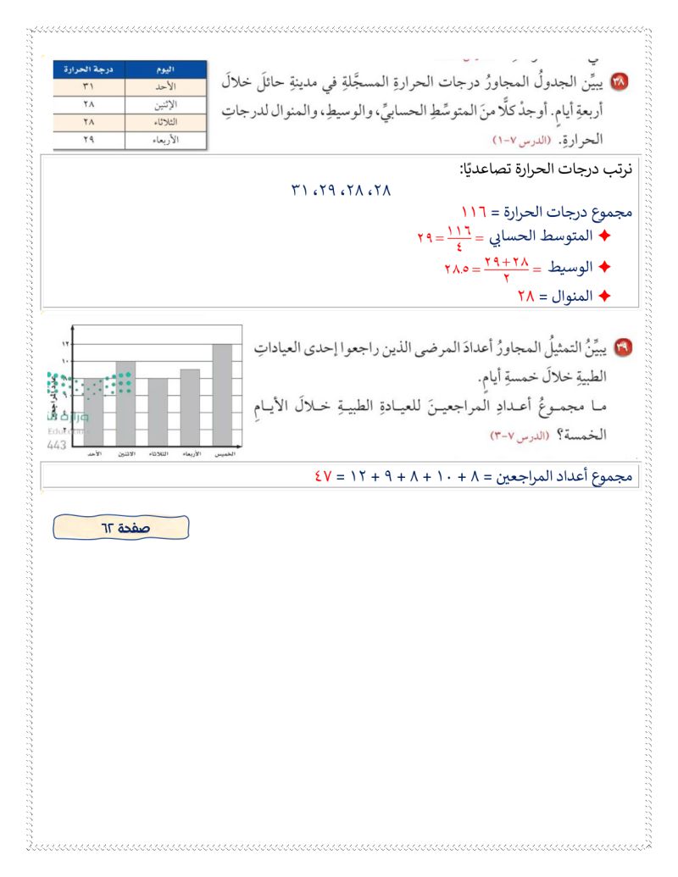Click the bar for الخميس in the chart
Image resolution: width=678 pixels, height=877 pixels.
(221, 394)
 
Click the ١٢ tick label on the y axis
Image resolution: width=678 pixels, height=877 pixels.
(67, 344)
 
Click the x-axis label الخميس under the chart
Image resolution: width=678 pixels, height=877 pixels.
(224, 455)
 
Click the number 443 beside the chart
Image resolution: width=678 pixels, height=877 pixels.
(58, 444)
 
